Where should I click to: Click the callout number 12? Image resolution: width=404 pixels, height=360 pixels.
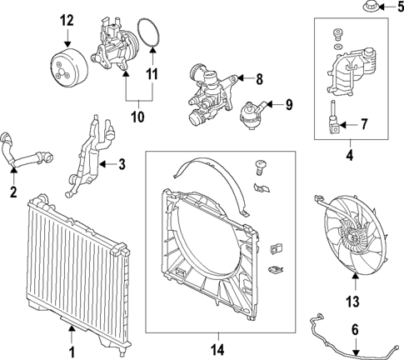(x=67, y=19)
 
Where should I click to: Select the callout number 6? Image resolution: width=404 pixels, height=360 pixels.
(x=355, y=330)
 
